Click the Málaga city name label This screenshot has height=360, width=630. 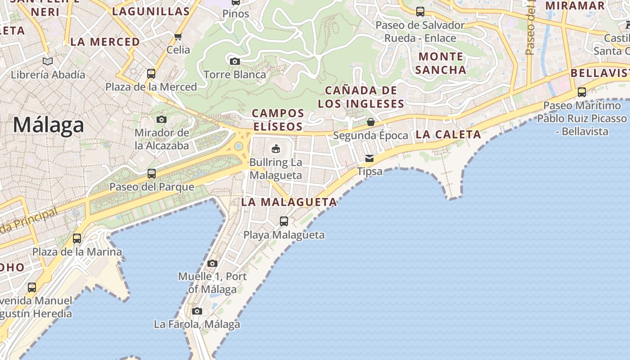tap(48, 125)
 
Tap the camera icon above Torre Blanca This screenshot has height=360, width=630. tap(234, 61)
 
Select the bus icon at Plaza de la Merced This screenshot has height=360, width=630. tap(151, 73)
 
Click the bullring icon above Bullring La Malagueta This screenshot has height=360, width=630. tap(276, 148)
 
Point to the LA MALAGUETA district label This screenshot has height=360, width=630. tap(289, 202)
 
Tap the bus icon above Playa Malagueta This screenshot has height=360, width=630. tap(284, 221)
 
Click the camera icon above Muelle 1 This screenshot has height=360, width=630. tap(212, 263)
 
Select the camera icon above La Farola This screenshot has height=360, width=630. tap(197, 311)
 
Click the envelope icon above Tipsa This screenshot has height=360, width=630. tap(369, 158)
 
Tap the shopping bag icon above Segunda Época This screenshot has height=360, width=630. tap(370, 122)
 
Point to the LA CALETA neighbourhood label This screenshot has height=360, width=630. tap(448, 134)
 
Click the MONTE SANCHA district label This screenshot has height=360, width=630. tap(441, 63)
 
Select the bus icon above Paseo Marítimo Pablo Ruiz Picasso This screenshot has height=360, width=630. tap(582, 92)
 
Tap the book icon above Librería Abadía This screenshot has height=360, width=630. tap(48, 61)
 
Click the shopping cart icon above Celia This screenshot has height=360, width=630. tap(178, 36)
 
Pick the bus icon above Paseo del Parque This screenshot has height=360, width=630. tap(152, 173)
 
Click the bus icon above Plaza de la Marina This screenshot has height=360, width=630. tap(77, 238)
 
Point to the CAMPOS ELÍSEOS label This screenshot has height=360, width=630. tap(278, 120)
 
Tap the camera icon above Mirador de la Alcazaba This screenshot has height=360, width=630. tap(162, 119)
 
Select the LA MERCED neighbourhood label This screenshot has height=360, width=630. tap(105, 42)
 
